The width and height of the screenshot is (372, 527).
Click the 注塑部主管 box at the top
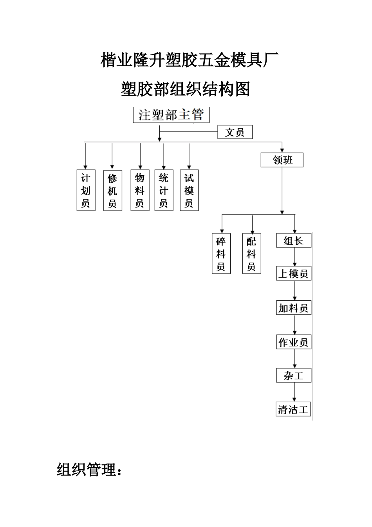point(172,115)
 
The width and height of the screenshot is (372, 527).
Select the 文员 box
point(235,132)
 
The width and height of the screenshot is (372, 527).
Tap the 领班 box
point(282,160)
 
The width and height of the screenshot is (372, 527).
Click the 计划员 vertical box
point(86,190)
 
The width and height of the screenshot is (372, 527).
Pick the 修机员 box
point(112,190)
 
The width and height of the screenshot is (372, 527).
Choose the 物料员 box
point(140,190)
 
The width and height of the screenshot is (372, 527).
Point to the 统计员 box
point(164,190)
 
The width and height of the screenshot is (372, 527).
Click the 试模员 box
point(189,190)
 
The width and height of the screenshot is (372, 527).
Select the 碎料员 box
point(221,254)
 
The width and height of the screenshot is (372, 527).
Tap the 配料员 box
point(251,254)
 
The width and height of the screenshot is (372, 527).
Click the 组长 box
point(294,240)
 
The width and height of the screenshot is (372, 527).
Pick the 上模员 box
point(294,273)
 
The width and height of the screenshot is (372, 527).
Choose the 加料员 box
point(294,308)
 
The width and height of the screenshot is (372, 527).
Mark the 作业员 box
point(294,342)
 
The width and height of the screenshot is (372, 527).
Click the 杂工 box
point(294,376)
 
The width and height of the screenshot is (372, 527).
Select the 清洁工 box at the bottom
point(294,409)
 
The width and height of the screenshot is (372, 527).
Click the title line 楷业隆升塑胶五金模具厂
point(190,60)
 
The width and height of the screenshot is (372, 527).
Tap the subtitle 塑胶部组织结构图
point(186,89)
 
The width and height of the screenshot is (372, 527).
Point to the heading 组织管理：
point(89,469)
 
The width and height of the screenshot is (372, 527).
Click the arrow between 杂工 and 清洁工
point(294,392)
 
